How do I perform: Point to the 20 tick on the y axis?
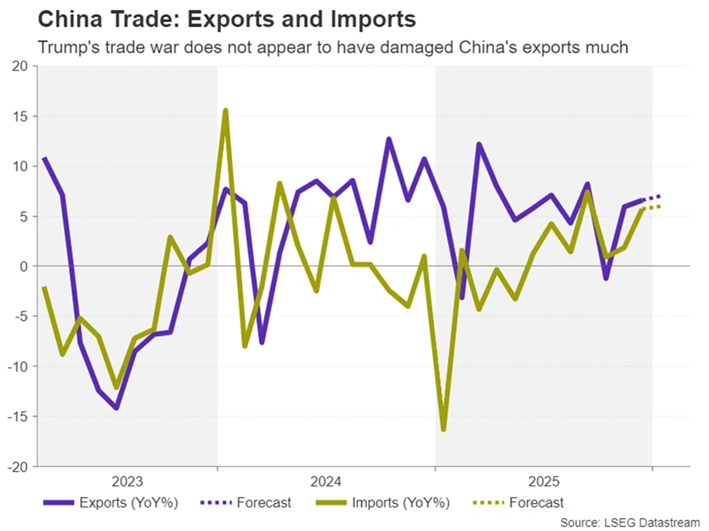click(19, 67)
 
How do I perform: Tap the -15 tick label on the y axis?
click(17, 416)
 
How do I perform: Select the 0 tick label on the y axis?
click(24, 266)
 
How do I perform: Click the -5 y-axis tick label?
click(20, 317)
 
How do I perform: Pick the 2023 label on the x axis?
click(127, 482)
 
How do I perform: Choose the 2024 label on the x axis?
click(326, 482)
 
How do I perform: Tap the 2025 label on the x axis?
click(544, 482)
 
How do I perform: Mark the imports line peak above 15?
click(225, 111)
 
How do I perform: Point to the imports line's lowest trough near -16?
click(444, 429)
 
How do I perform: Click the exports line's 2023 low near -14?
click(116, 408)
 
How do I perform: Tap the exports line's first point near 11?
click(44, 158)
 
